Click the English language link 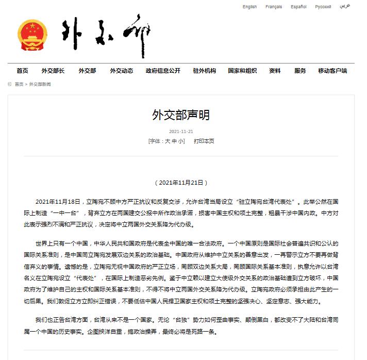[x=249, y=7]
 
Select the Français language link [x=274, y=7]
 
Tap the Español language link [x=298, y=7]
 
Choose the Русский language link [x=323, y=7]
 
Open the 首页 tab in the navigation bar [x=22, y=71]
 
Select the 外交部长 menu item [x=53, y=71]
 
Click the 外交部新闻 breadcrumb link [x=40, y=84]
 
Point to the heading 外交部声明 [x=181, y=115]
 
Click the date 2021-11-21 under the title [x=181, y=132]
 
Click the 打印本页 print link [x=204, y=141]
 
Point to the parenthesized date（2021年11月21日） [x=181, y=183]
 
